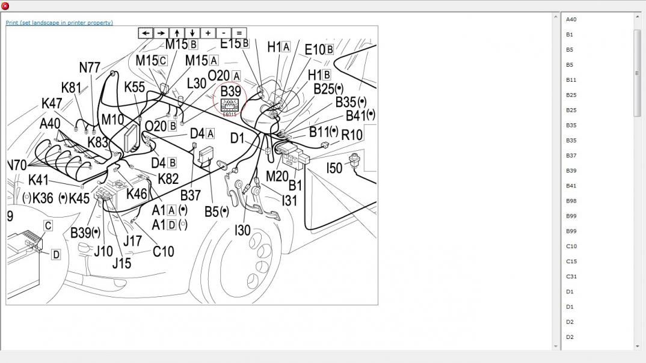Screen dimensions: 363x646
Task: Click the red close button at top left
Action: click(5, 6)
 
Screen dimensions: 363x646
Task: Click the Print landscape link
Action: click(59, 23)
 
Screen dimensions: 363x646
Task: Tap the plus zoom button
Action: click(208, 33)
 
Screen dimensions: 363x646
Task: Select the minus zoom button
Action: click(223, 33)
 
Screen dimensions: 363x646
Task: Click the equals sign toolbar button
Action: click(239, 33)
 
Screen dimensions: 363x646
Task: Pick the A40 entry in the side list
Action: click(571, 20)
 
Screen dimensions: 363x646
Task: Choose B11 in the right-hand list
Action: click(571, 80)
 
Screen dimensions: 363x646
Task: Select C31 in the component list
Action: click(571, 276)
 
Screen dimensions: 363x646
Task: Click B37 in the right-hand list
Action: click(571, 156)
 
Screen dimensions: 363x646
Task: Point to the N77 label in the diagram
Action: click(90, 67)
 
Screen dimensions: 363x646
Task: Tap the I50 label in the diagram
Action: click(334, 168)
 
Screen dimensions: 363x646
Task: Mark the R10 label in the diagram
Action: click(352, 135)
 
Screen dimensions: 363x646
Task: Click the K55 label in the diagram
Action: click(134, 87)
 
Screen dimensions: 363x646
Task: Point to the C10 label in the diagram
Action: click(163, 251)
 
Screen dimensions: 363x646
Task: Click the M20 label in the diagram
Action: click(277, 176)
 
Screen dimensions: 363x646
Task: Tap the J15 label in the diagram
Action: click(122, 263)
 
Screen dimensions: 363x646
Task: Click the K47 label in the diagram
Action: click(52, 103)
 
